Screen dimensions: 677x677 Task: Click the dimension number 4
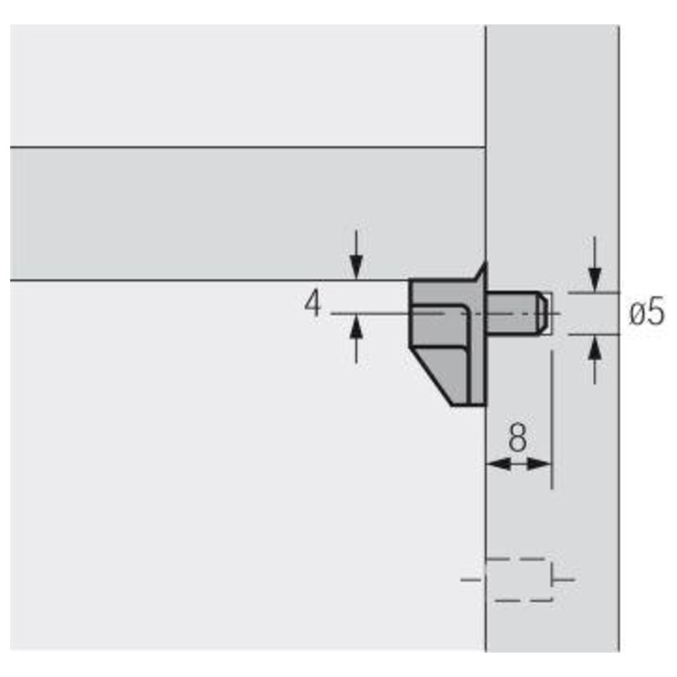coord(313,303)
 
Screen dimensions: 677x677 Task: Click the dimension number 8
coord(518,437)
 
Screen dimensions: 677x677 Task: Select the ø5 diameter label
coord(647,312)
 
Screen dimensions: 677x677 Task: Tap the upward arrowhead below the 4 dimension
coord(356,327)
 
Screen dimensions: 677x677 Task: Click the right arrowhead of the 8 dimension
coord(540,464)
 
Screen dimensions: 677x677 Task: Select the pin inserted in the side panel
coord(517,313)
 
